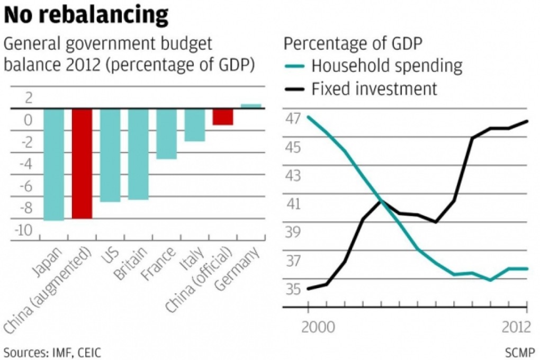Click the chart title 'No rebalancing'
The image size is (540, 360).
(86, 15)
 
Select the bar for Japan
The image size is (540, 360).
(53, 164)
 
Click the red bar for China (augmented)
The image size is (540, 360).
(82, 163)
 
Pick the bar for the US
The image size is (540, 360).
(110, 155)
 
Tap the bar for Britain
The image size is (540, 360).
(138, 154)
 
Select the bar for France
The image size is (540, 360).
(166, 133)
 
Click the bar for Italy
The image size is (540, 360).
(194, 125)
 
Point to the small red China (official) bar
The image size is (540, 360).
(222, 116)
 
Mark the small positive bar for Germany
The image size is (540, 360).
(251, 106)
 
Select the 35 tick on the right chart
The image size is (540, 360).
(293, 290)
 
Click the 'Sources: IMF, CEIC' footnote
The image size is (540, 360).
(51, 352)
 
